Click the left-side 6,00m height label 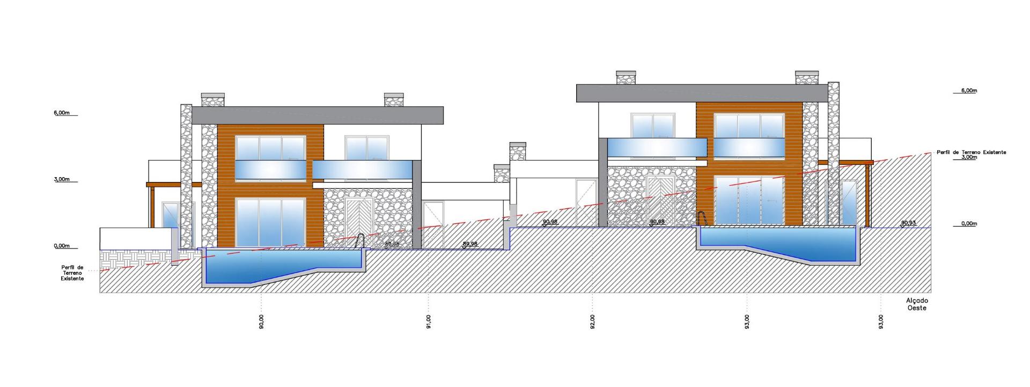coord(62,113)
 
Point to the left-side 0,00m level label coord(62,246)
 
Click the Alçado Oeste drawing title coord(917,304)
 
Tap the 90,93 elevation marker coord(908,222)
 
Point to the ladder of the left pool coord(362,241)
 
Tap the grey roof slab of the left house coord(317,115)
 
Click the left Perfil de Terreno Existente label coord(72,273)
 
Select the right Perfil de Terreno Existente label coord(971,152)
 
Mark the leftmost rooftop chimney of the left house coord(212,100)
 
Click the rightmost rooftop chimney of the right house coord(806,77)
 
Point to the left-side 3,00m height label coord(62,179)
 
